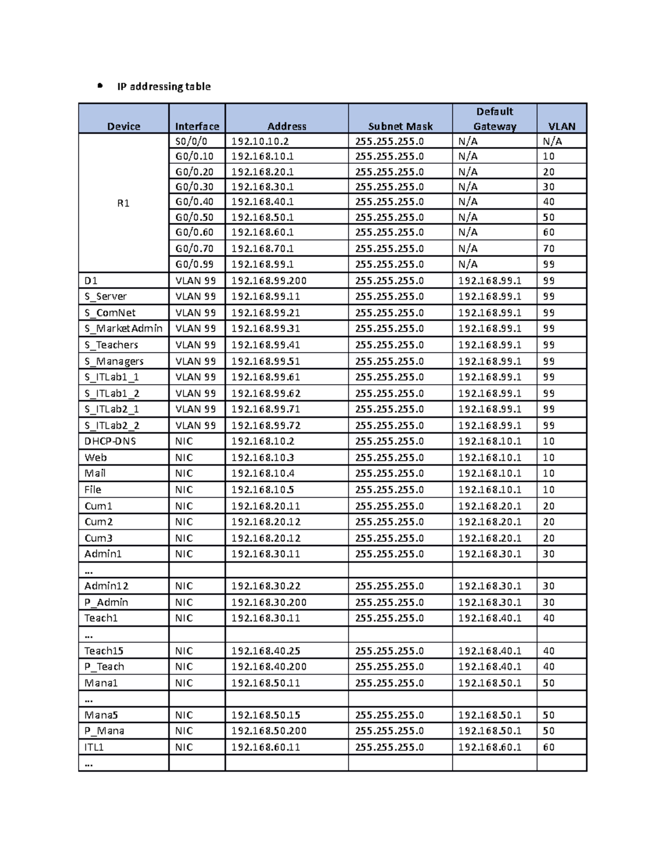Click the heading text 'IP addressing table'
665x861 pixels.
point(163,86)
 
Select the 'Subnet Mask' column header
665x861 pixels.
point(400,126)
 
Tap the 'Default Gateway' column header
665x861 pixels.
point(494,119)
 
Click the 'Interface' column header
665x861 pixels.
point(197,126)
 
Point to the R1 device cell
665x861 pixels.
point(123,203)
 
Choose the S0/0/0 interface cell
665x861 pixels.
point(191,141)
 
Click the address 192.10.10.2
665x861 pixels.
point(260,141)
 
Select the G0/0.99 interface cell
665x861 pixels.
point(195,264)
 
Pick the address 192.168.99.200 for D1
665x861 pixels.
point(269,281)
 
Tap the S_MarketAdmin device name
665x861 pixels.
point(124,328)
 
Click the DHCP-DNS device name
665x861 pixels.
point(110,441)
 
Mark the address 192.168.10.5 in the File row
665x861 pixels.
point(263,490)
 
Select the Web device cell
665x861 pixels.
point(96,457)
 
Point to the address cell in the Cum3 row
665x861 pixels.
point(265,538)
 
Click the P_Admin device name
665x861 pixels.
point(106,602)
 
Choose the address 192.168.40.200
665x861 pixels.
point(269,666)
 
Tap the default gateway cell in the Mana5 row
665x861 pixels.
point(489,715)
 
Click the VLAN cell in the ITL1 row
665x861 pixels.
point(549,747)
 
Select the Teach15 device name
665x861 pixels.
point(104,651)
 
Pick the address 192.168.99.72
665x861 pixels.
point(265,425)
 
